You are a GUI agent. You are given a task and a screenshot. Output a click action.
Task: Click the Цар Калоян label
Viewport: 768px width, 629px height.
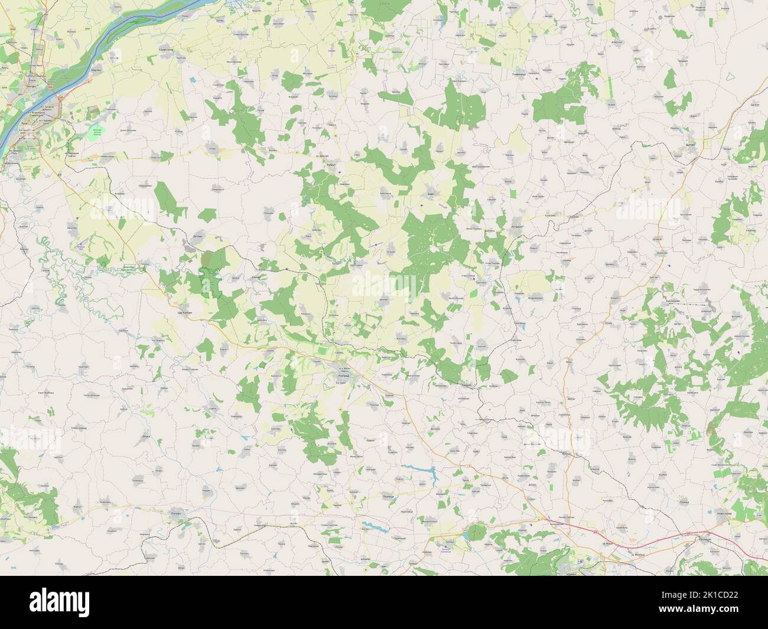[185, 312]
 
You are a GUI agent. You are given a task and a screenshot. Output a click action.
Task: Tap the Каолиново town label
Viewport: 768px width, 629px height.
[672, 301]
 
